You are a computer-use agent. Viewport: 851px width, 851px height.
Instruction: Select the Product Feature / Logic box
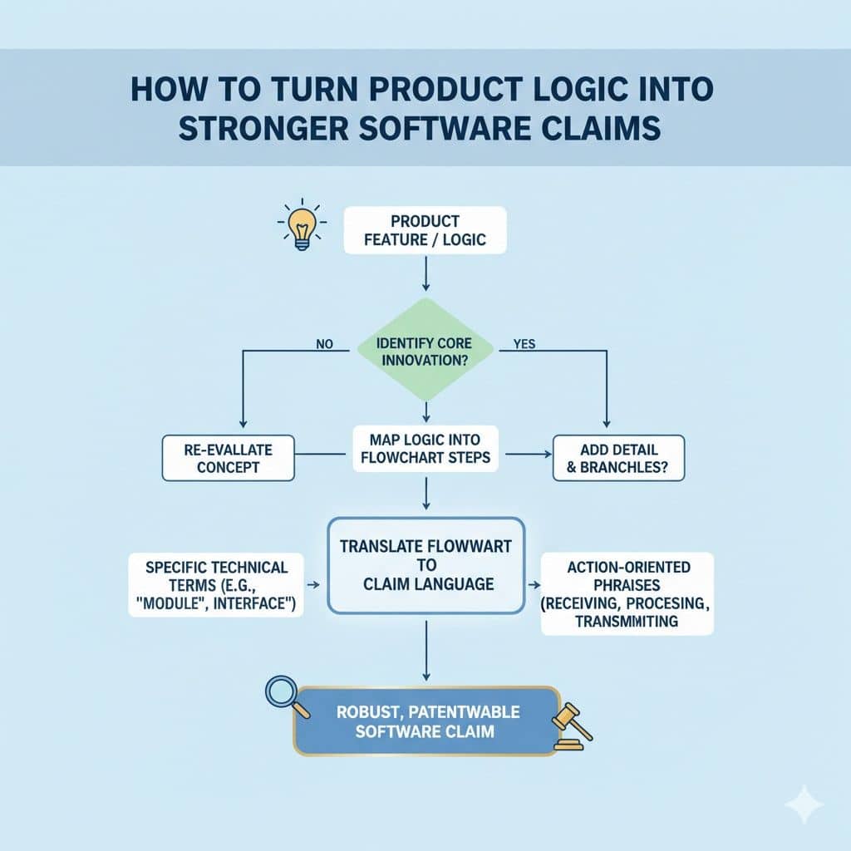(x=425, y=230)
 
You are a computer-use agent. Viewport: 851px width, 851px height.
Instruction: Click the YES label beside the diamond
(x=524, y=342)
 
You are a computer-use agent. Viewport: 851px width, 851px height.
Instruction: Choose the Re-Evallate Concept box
(x=229, y=458)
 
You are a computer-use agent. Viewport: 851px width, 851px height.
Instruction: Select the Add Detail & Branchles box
(x=618, y=458)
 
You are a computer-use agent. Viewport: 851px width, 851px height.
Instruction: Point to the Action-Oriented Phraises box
(x=627, y=593)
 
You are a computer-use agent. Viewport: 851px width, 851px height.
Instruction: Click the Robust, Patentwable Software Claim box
(x=425, y=721)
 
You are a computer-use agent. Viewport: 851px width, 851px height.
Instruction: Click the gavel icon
(x=573, y=726)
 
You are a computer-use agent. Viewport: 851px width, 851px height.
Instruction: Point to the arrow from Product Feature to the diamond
(x=425, y=274)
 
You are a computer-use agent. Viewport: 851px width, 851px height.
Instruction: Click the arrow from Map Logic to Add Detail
(x=529, y=455)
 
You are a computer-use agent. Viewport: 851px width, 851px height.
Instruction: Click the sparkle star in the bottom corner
(x=804, y=804)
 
